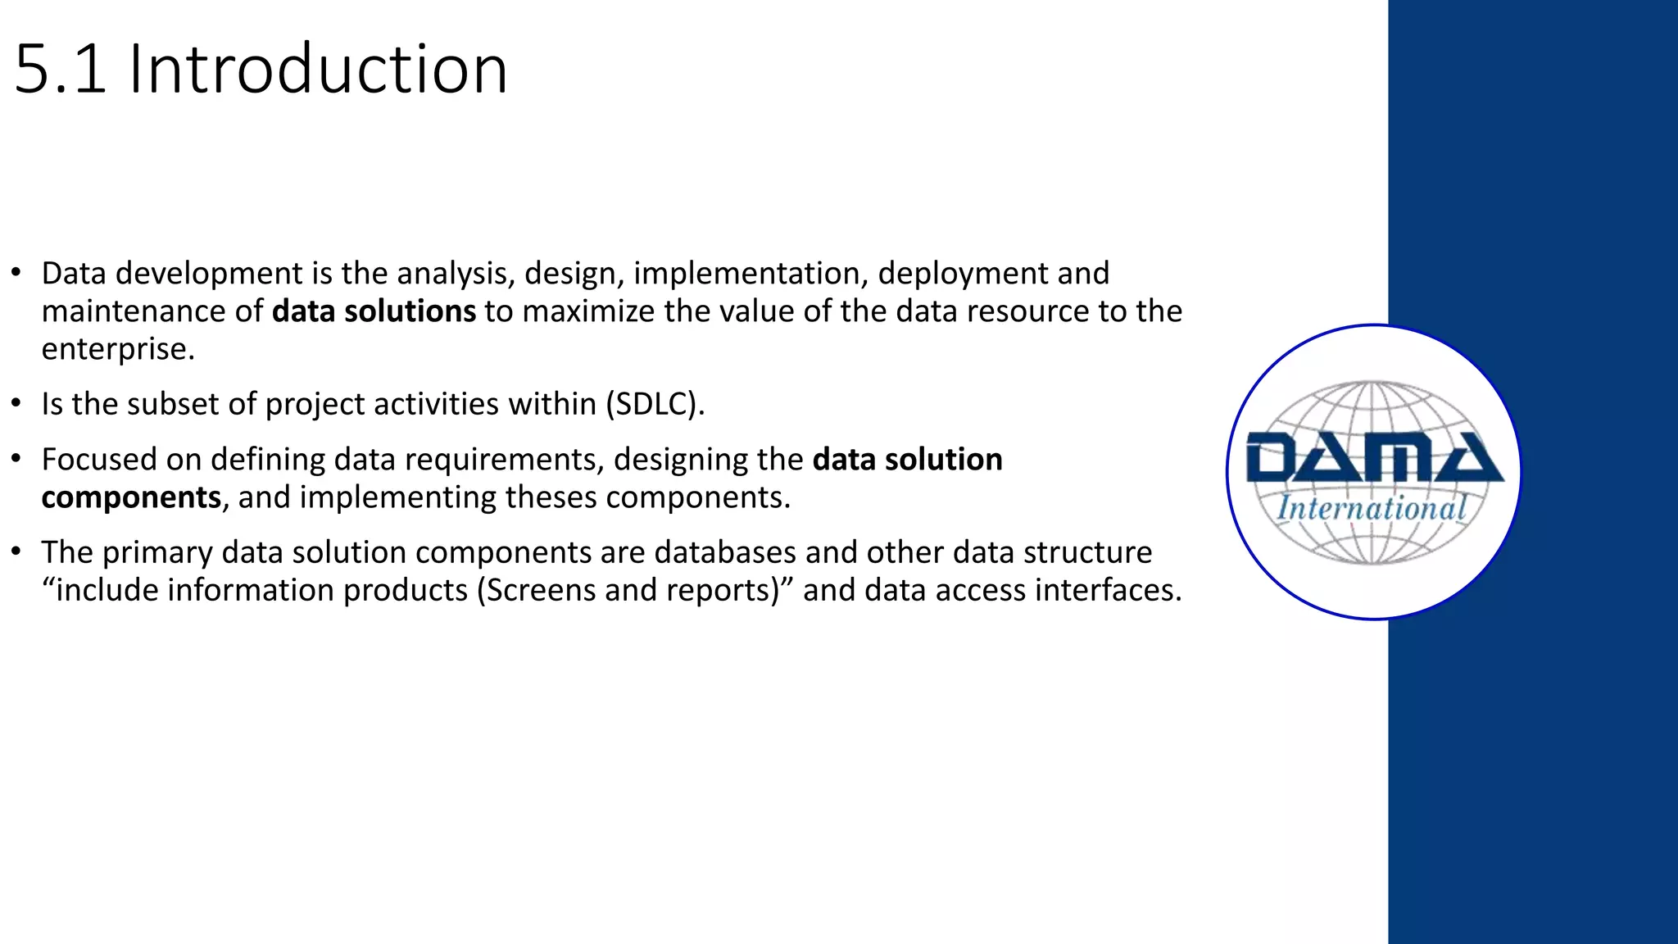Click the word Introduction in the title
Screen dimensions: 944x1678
318,70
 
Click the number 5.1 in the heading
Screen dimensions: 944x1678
60,70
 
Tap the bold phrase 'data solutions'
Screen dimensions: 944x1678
374,311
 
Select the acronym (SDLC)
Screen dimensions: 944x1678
655,404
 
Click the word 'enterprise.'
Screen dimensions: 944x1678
118,349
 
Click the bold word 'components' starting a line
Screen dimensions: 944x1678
131,497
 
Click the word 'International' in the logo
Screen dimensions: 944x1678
1372,508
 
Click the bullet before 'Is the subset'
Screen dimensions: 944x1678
16,404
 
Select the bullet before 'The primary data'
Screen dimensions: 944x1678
16,552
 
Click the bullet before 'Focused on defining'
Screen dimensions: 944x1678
16,460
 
